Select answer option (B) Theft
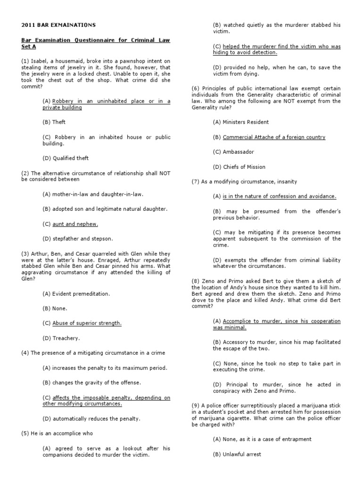click(x=54, y=122)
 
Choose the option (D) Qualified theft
click(x=66, y=158)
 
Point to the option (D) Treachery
click(x=61, y=338)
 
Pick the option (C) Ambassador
click(x=233, y=152)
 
